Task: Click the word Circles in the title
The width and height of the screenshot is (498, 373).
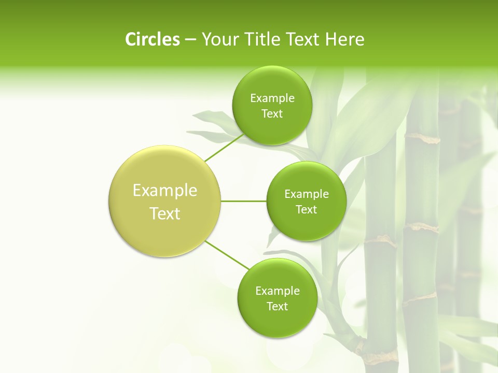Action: pyautogui.click(x=152, y=39)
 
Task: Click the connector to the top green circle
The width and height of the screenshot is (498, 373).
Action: pyautogui.click(x=224, y=148)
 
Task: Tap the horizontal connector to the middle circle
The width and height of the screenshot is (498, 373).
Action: pyautogui.click(x=244, y=201)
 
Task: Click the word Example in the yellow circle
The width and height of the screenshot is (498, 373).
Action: pyautogui.click(x=165, y=191)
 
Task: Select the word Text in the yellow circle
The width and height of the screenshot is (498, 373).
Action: pyautogui.click(x=165, y=213)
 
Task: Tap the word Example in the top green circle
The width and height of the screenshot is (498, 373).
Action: pyautogui.click(x=272, y=98)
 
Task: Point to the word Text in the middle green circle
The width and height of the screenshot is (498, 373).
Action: pyautogui.click(x=307, y=210)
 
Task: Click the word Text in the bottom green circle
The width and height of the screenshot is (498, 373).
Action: pyautogui.click(x=277, y=307)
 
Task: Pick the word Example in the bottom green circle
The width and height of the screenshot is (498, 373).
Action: pyautogui.click(x=278, y=291)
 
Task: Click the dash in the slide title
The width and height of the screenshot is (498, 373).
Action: pyautogui.click(x=190, y=40)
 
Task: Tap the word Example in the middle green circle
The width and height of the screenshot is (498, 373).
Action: pyautogui.click(x=307, y=194)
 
